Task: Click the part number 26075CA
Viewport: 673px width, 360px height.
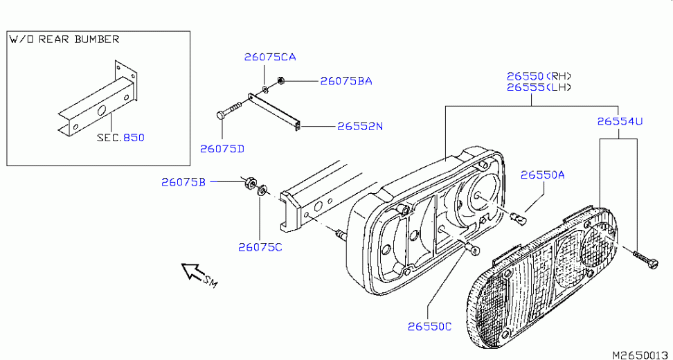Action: coord(269,57)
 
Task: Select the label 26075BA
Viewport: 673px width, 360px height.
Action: coord(346,81)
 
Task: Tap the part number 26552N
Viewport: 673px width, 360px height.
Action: coord(360,127)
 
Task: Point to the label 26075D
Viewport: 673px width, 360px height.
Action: coord(222,148)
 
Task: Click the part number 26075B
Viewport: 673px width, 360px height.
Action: coord(183,182)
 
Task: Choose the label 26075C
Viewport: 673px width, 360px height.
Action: coord(260,246)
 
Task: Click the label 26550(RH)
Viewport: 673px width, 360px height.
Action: coord(539,75)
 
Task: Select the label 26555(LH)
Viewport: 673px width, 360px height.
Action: coord(539,87)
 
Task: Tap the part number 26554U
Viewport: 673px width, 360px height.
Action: coord(620,121)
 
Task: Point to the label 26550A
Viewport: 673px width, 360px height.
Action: coord(543,175)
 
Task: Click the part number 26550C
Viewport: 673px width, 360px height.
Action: coord(429,326)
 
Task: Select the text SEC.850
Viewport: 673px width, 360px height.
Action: coord(120,138)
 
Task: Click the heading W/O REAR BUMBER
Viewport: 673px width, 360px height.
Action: coord(64,39)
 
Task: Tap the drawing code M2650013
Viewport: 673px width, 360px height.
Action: coord(640,354)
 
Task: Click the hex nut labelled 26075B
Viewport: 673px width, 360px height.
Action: coord(246,183)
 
